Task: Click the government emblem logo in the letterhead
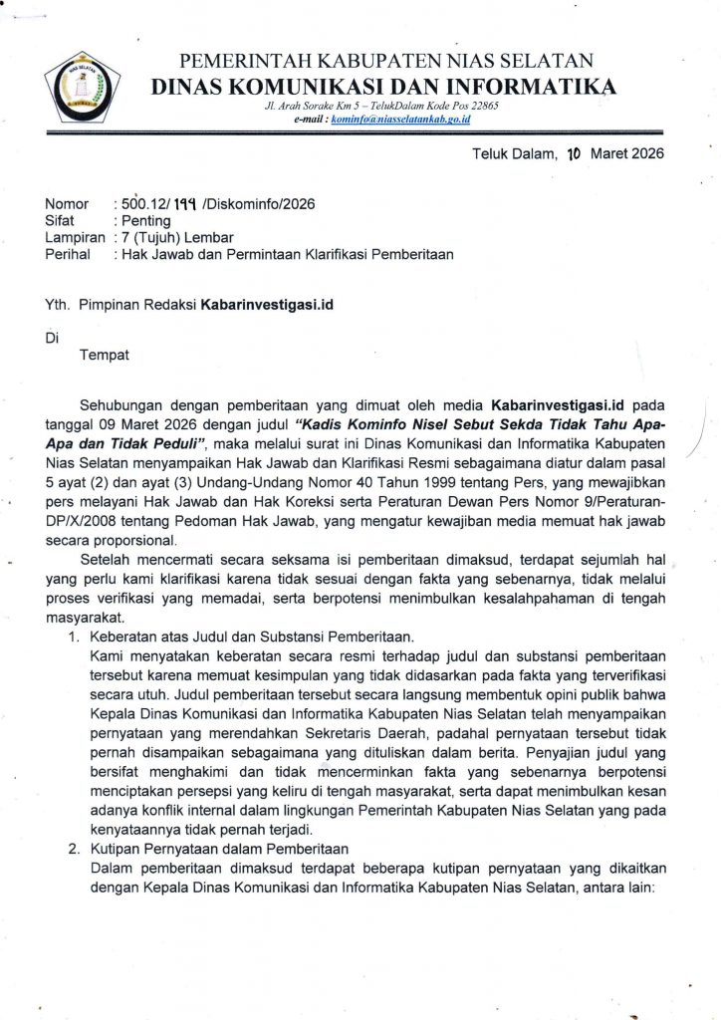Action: click(x=82, y=87)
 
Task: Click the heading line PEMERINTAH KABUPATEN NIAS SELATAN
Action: click(x=385, y=62)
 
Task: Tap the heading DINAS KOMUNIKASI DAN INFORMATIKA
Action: click(x=382, y=87)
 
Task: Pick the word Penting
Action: click(x=145, y=220)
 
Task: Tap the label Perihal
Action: click(x=67, y=254)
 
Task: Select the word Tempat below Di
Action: click(x=105, y=354)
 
